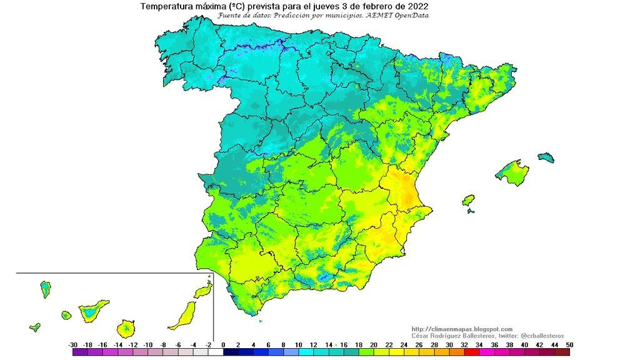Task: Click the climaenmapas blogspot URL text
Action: click(x=462, y=329)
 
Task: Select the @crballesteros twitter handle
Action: click(x=542, y=336)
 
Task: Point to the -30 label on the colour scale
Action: click(x=73, y=344)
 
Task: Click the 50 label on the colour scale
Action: click(x=568, y=344)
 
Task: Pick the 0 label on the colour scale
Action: click(x=223, y=344)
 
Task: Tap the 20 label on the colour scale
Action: click(x=373, y=344)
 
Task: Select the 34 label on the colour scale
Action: click(x=478, y=344)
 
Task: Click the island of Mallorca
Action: click(x=513, y=172)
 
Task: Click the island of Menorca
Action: click(x=546, y=156)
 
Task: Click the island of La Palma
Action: click(x=45, y=289)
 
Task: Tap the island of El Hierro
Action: click(x=34, y=327)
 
